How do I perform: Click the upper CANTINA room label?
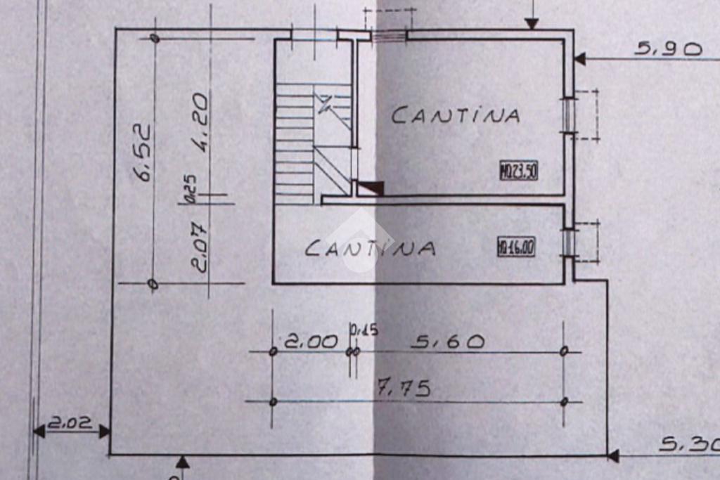456,115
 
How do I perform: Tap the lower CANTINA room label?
371,247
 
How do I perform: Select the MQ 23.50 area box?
518,171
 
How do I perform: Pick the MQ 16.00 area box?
516,247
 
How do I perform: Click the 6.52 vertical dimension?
143,153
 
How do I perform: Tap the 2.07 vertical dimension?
199,247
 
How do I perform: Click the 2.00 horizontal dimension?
311,342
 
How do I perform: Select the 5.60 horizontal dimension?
448,342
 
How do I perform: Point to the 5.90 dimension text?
668,48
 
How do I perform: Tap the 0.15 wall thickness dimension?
364,329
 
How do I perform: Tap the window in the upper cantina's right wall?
568,114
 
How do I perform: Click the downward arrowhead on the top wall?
532,24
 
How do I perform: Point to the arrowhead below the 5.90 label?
579,59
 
